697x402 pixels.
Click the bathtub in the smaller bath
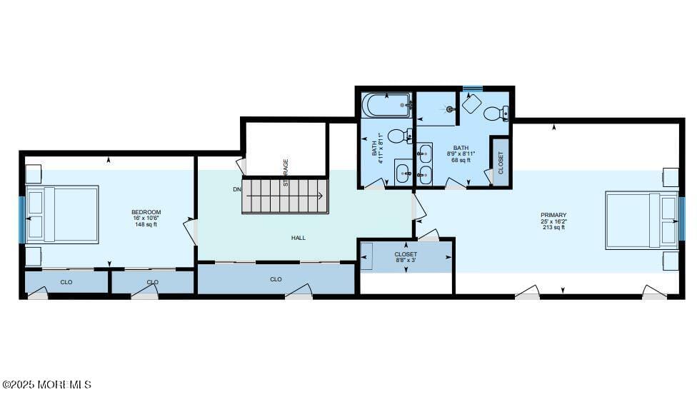click(x=386, y=106)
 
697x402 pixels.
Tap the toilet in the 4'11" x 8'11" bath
click(x=400, y=136)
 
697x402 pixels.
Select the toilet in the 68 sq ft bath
click(x=496, y=113)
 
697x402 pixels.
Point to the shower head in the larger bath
click(x=451, y=109)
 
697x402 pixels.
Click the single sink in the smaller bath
click(x=403, y=172)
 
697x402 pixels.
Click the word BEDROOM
click(x=146, y=212)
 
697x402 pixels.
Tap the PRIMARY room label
click(x=553, y=215)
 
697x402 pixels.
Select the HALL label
click(x=299, y=238)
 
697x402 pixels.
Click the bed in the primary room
click(x=641, y=219)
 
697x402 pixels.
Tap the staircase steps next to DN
click(x=285, y=196)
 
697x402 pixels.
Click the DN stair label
click(x=237, y=189)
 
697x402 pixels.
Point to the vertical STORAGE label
click(x=286, y=173)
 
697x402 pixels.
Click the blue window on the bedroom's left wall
click(x=22, y=218)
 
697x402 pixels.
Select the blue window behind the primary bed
click(x=681, y=218)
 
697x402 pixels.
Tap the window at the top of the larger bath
click(x=472, y=89)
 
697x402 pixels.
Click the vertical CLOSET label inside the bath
click(x=501, y=162)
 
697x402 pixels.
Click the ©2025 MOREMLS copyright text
click(x=46, y=385)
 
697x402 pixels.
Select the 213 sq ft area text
click(x=553, y=228)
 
